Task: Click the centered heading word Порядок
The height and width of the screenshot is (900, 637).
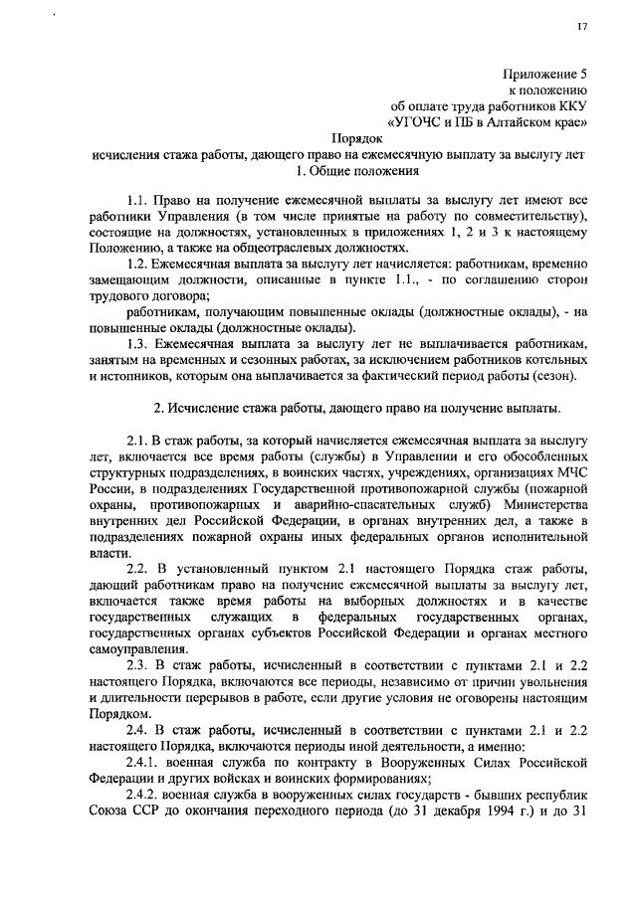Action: [356, 139]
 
